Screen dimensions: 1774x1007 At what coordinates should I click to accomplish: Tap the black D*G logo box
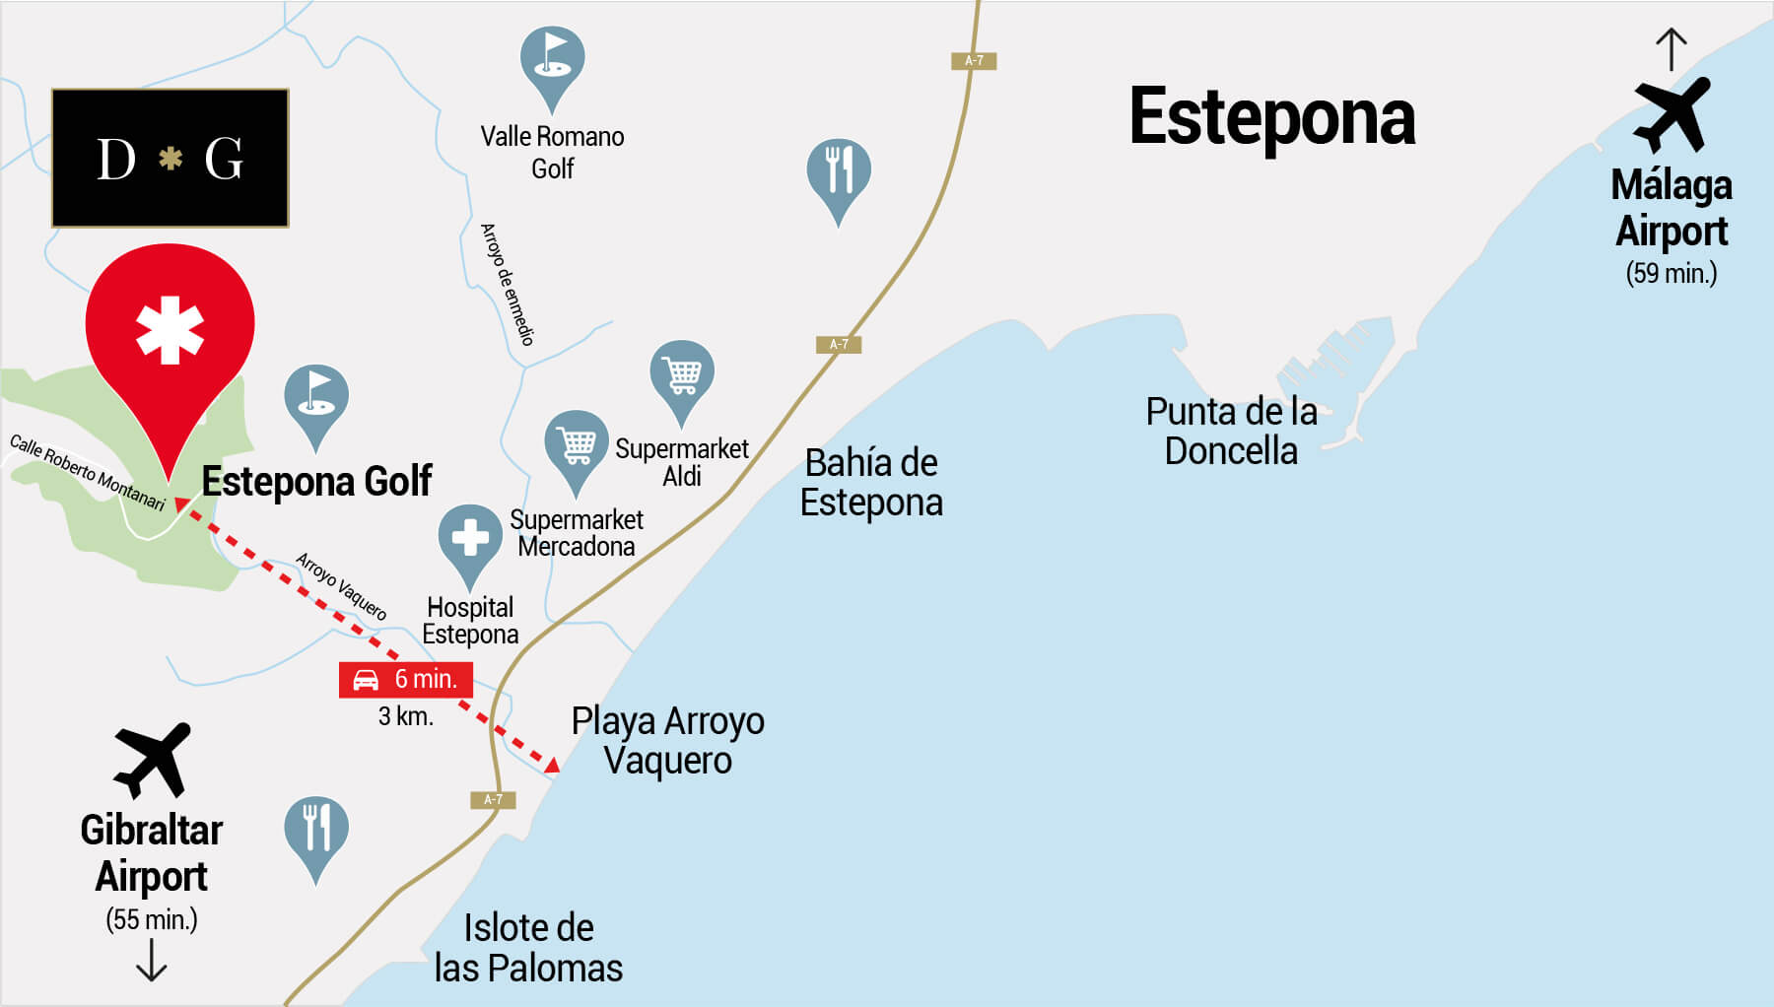170,158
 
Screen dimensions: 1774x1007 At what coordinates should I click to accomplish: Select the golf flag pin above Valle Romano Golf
552,61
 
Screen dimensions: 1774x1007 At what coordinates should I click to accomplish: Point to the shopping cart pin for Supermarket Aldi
682,374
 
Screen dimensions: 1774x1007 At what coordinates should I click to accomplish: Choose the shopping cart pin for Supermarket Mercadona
577,444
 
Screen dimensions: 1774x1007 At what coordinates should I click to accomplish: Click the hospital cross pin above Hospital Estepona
470,538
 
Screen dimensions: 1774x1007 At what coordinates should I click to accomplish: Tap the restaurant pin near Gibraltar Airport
315,830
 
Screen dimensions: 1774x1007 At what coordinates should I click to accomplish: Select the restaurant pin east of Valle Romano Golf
839,172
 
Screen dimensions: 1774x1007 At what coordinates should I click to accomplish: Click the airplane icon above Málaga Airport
1672,114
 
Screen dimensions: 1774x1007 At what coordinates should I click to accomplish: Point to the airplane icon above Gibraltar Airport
152,760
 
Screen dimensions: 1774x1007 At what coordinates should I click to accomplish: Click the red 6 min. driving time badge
406,679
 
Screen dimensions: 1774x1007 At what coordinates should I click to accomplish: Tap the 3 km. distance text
406,716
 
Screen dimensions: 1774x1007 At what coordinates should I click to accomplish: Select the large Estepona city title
1271,117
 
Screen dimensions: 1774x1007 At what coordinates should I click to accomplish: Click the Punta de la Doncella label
1231,431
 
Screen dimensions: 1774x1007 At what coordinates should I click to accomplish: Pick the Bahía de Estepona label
871,482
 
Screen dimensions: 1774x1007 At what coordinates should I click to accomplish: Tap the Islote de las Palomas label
528,948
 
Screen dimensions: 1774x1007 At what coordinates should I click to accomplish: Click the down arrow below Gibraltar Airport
151,961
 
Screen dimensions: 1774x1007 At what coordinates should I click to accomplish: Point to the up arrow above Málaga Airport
1671,49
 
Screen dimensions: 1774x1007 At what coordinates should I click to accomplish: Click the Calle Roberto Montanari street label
87,472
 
